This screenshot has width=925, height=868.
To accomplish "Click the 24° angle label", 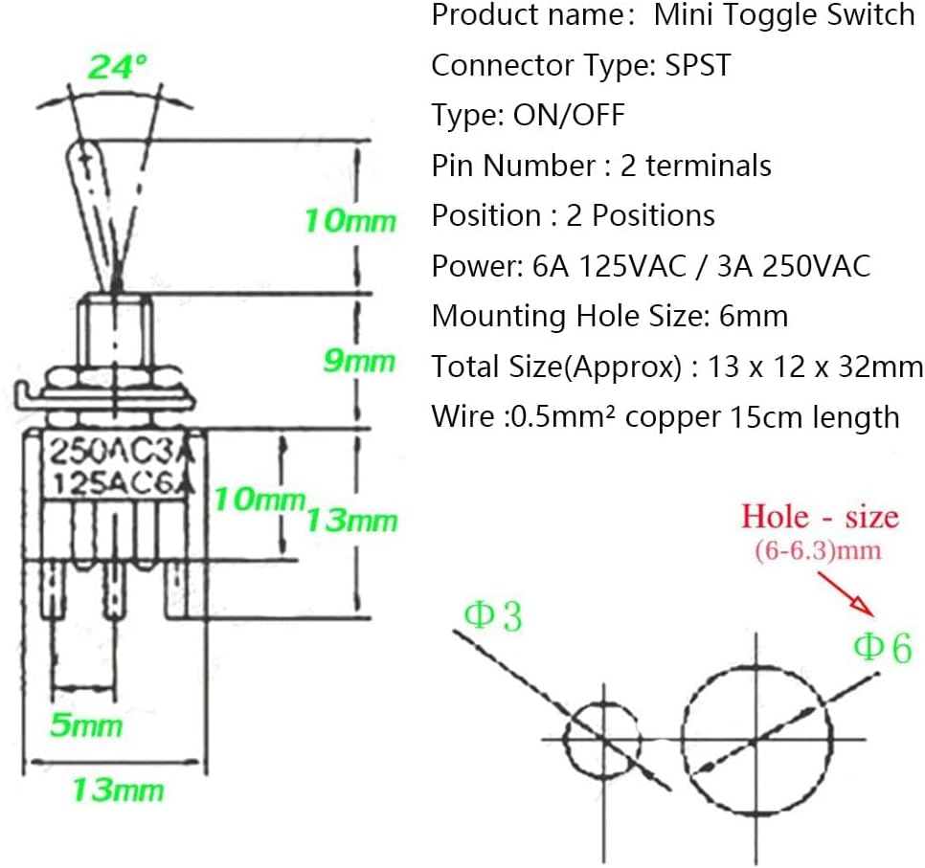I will tap(118, 67).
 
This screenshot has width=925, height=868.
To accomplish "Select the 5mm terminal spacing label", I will tap(85, 724).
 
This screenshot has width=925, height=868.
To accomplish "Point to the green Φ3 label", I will tap(493, 616).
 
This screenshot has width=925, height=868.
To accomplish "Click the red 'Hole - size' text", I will tap(820, 518).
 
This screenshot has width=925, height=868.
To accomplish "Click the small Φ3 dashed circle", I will tap(601, 739).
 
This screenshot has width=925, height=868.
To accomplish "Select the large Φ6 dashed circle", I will tap(756, 740).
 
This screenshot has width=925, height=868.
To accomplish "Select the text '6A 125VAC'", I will tap(606, 265).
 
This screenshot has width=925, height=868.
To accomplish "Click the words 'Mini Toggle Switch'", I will tap(784, 15).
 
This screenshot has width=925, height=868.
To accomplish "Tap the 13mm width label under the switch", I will tap(117, 790).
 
